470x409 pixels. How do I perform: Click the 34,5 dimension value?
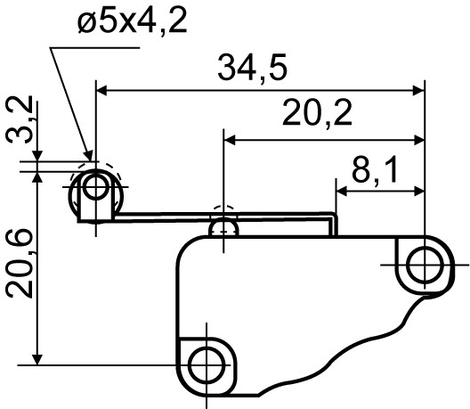(x=259, y=69)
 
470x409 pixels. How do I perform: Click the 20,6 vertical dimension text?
(x=20, y=265)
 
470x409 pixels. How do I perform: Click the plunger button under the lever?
(x=225, y=228)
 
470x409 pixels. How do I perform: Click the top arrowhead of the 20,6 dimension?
(x=36, y=176)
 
